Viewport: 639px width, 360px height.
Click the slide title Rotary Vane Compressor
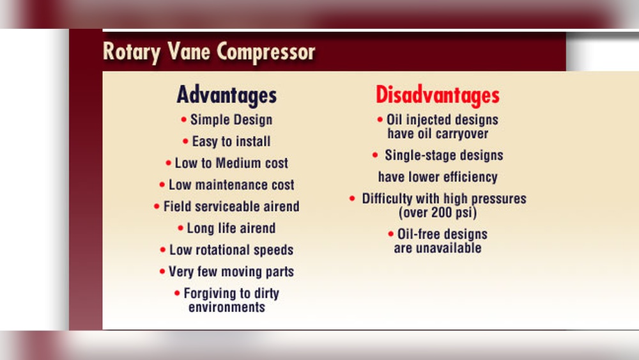tap(208, 52)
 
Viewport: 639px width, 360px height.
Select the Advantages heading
tap(226, 95)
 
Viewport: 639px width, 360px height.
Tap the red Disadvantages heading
tap(437, 95)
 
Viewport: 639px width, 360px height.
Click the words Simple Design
tap(231, 120)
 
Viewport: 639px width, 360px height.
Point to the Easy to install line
tap(231, 141)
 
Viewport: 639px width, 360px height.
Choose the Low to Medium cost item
tap(231, 163)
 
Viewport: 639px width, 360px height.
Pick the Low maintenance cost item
tap(231, 185)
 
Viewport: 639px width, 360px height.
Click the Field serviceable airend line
tap(231, 207)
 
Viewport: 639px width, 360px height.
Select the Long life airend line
tap(231, 228)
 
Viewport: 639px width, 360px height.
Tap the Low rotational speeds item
tap(231, 250)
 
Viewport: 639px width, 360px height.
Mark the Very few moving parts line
tap(231, 272)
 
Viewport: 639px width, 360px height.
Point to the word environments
tap(227, 307)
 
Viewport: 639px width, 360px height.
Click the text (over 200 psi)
tap(438, 212)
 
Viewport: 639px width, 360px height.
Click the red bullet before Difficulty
tap(352, 199)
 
